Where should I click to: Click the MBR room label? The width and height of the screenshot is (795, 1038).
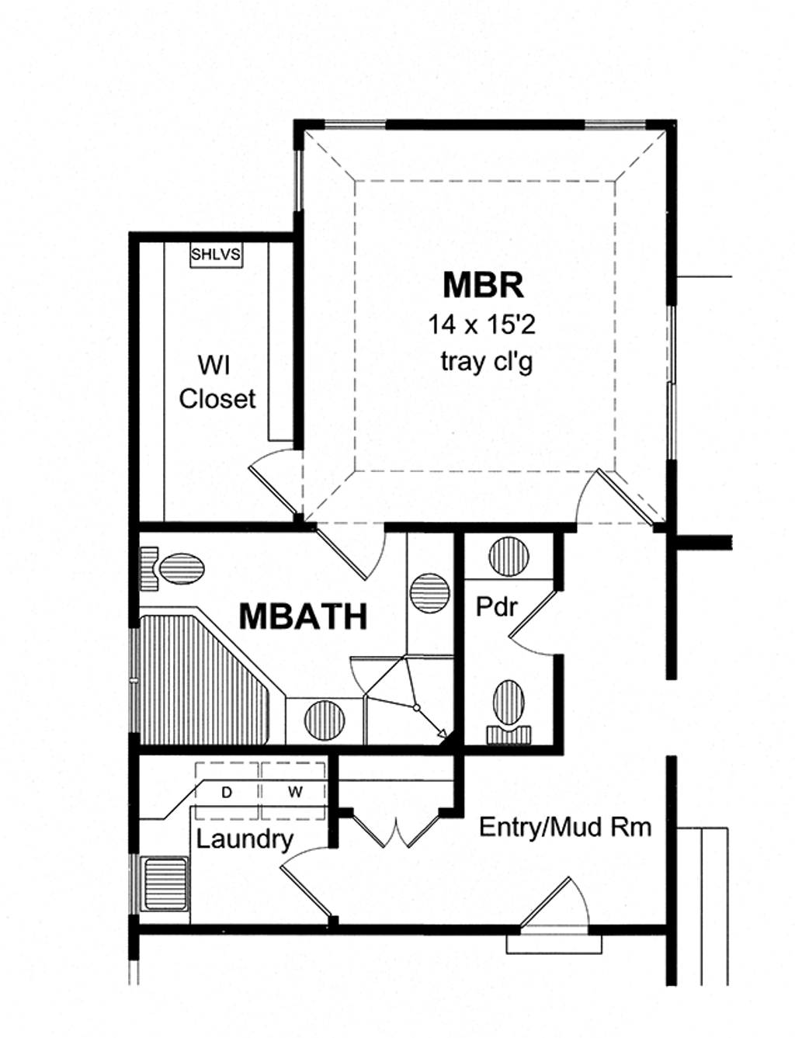click(x=483, y=285)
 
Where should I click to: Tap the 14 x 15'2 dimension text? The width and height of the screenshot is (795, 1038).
click(x=481, y=325)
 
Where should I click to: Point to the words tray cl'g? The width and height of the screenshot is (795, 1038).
click(x=486, y=362)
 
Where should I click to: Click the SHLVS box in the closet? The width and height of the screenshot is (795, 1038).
click(x=216, y=254)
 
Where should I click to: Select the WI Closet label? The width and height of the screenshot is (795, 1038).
click(x=217, y=382)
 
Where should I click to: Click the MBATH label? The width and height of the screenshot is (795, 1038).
click(x=303, y=616)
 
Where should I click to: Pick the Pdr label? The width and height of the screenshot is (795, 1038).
click(x=496, y=606)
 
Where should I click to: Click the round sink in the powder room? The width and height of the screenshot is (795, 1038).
click(x=509, y=557)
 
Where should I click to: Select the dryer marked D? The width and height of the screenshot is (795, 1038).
click(x=227, y=792)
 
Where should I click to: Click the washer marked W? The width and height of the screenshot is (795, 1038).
click(x=294, y=792)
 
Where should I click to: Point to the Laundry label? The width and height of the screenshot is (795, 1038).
click(x=244, y=839)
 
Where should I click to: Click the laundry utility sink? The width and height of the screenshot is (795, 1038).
click(x=165, y=883)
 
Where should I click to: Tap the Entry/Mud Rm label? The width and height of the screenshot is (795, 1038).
click(x=564, y=827)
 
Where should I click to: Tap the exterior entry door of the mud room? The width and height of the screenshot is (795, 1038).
click(x=553, y=904)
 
